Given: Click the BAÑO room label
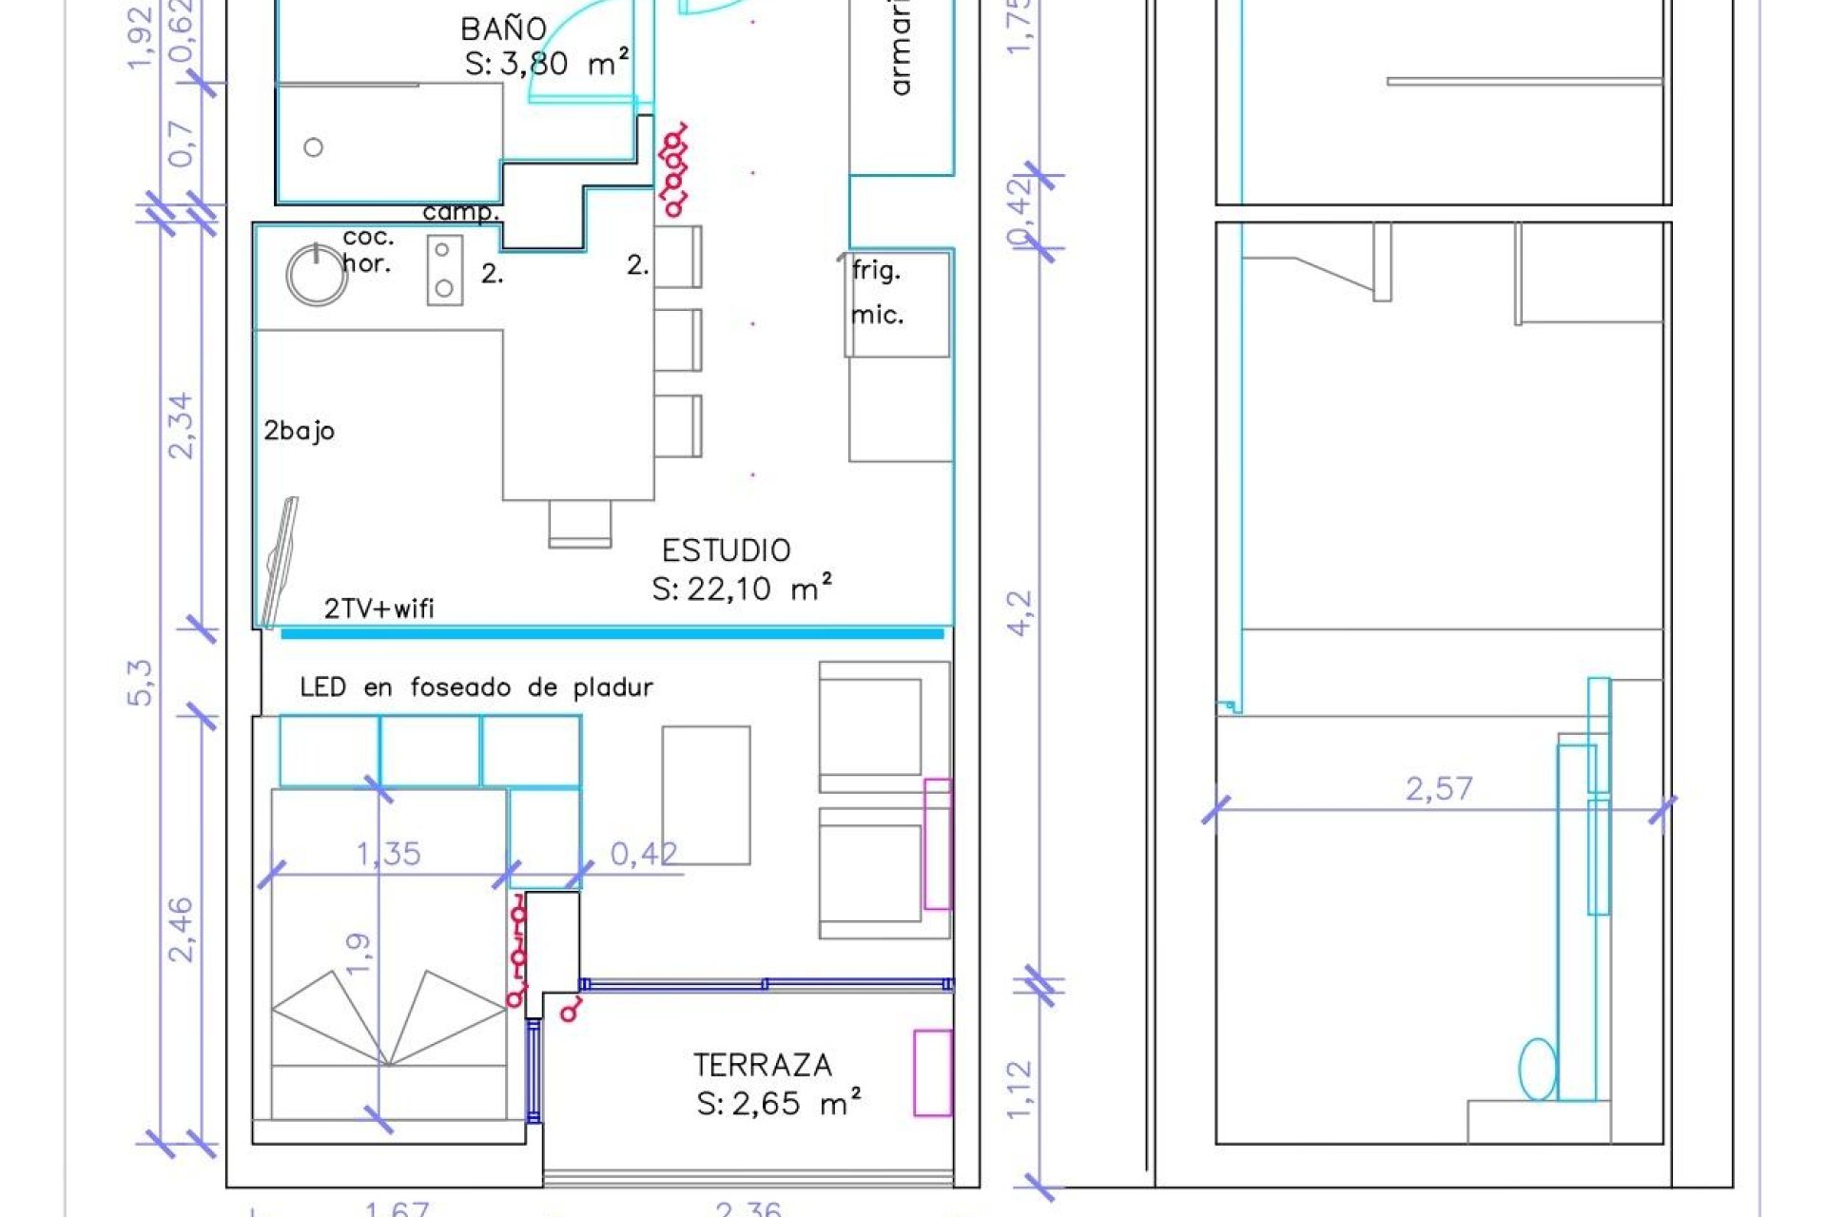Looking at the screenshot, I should (x=503, y=29).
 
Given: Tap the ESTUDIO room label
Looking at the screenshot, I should (x=726, y=551).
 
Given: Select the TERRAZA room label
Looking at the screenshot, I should (x=762, y=1065).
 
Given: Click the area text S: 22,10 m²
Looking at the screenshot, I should (x=742, y=589).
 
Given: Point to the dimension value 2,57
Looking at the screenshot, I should (x=1438, y=788).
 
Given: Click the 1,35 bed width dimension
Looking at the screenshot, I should (x=388, y=854).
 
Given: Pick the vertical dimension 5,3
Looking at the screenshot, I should (x=140, y=682).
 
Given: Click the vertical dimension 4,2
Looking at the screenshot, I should (x=1019, y=612).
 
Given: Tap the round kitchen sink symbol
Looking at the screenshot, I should (x=316, y=275).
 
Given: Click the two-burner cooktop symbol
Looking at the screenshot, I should (x=444, y=270).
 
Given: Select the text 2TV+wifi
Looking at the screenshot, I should (x=379, y=608).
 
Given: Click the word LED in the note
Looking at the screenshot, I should (x=322, y=687).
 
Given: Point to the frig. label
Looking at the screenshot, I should (x=875, y=271).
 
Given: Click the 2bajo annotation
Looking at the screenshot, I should (x=299, y=431).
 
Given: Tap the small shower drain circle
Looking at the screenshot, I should (x=313, y=147).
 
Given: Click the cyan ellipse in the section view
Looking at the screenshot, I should (x=1536, y=1069).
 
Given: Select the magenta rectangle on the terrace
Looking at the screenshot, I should (x=932, y=1072).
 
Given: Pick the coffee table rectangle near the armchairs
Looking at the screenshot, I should (x=706, y=795).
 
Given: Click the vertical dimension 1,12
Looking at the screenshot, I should (x=1019, y=1089).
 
